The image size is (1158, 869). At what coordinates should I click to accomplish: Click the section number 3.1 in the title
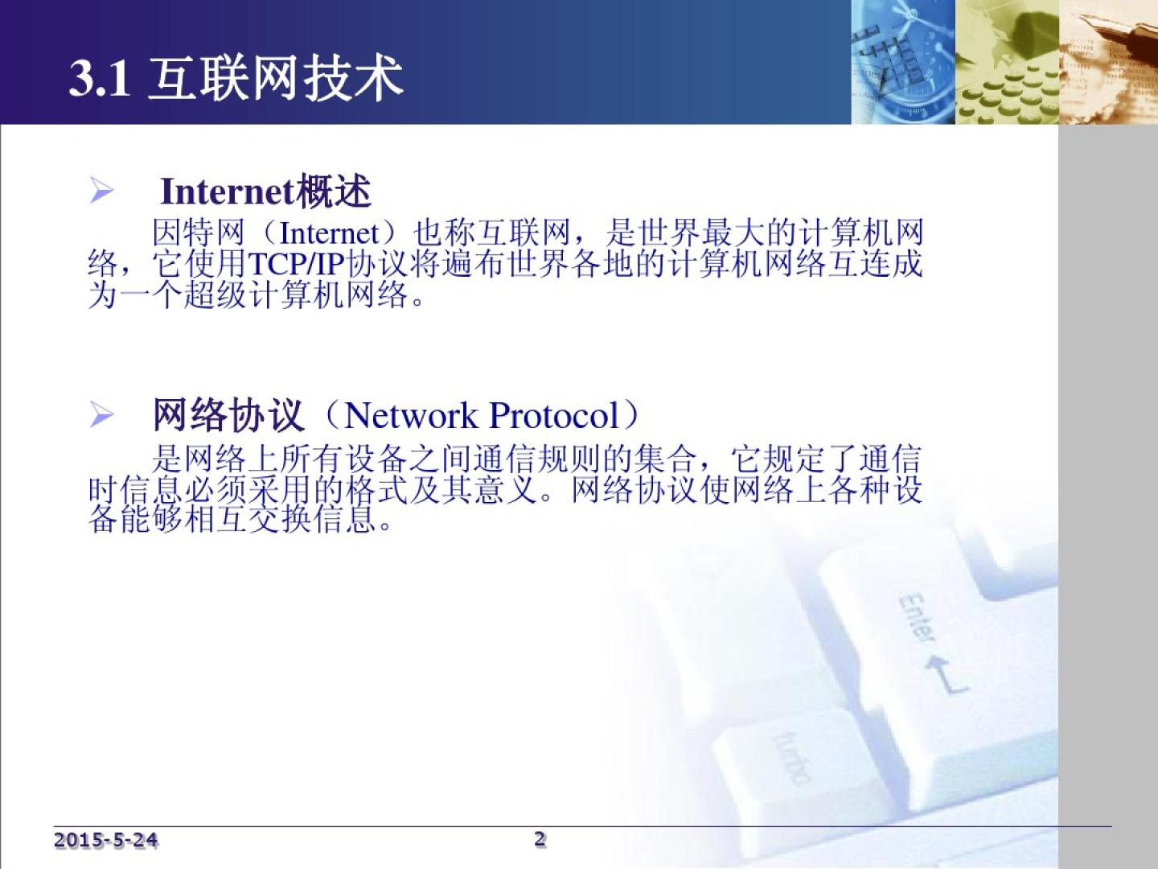point(99,79)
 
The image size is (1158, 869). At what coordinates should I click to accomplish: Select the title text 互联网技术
point(276,79)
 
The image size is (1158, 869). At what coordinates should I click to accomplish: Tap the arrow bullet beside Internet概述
point(101,191)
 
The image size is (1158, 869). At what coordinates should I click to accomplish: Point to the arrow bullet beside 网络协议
point(101,414)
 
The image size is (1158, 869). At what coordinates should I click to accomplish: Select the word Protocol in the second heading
point(554,416)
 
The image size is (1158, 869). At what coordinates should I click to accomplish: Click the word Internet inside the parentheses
point(330,233)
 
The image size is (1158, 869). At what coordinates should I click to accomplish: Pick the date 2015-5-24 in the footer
point(105,840)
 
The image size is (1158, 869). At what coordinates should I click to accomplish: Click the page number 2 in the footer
point(540,839)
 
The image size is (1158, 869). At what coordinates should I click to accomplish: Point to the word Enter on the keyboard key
point(917,617)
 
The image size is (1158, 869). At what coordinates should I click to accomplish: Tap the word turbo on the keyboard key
point(791,758)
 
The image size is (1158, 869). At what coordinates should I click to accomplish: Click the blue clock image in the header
point(903,62)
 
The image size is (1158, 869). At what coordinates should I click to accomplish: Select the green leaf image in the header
point(1008,62)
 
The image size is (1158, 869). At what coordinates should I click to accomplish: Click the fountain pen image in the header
point(1109,62)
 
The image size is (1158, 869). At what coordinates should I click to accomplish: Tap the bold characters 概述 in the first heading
point(334,191)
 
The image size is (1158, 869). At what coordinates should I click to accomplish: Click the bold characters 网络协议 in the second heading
point(228,416)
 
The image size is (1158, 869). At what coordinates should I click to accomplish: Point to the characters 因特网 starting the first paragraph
point(199,233)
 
